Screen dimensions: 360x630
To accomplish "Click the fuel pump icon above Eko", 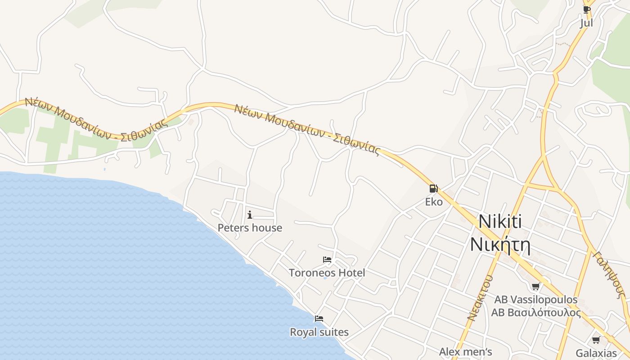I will [433, 189].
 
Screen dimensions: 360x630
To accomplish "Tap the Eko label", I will [434, 202].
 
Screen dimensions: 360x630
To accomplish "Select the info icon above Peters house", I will [250, 215].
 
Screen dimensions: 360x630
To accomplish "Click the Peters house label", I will [250, 228].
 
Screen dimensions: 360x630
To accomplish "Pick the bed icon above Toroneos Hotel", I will [327, 260].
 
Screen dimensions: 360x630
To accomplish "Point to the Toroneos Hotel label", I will [327, 273].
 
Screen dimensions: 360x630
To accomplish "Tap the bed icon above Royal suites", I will [319, 319].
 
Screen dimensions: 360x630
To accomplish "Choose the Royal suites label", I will [319, 333].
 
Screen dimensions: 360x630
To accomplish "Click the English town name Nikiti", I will [500, 221].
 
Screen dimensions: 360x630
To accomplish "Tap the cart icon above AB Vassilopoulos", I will [535, 286].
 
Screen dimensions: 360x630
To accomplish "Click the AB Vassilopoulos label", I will [536, 300].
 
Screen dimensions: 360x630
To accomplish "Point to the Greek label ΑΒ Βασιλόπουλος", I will [536, 313].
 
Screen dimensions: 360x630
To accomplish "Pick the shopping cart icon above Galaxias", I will [596, 340].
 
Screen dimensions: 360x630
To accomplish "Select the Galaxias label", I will [596, 353].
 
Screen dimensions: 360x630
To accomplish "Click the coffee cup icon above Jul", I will [586, 9].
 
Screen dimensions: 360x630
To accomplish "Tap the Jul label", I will [586, 23].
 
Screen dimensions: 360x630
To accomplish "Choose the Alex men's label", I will [466, 351].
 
